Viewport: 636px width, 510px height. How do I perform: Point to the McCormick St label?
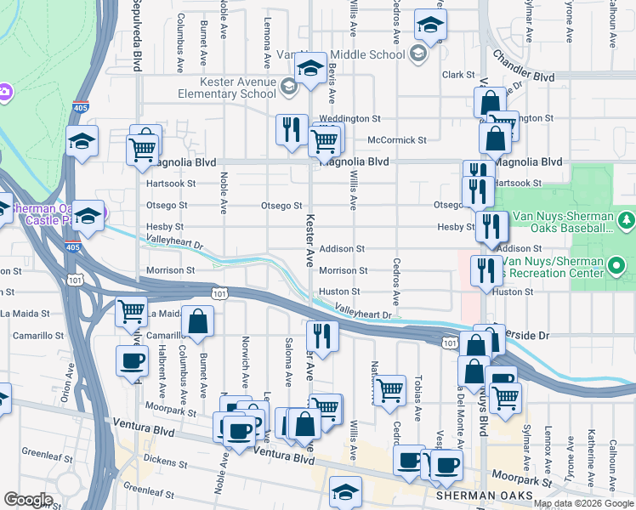pyautogui.click(x=396, y=139)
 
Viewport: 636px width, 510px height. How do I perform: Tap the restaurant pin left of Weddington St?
pyautogui.click(x=292, y=130)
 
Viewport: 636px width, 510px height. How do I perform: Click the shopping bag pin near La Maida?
pyautogui.click(x=197, y=323)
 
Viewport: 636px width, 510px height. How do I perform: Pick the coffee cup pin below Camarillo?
pyautogui.click(x=132, y=360)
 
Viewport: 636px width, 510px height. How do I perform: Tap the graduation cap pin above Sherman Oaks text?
pyautogui.click(x=345, y=492)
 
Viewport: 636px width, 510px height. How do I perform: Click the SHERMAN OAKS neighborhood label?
pyautogui.click(x=484, y=496)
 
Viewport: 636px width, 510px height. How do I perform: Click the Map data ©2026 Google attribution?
pyautogui.click(x=583, y=503)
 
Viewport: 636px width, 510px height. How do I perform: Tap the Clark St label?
pyautogui.click(x=457, y=75)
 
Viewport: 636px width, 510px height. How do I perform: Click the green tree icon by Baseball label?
pyautogui.click(x=627, y=221)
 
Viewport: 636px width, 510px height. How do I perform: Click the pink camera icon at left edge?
pyautogui.click(x=3, y=92)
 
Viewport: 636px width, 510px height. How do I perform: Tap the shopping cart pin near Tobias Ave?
pyautogui.click(x=389, y=390)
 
